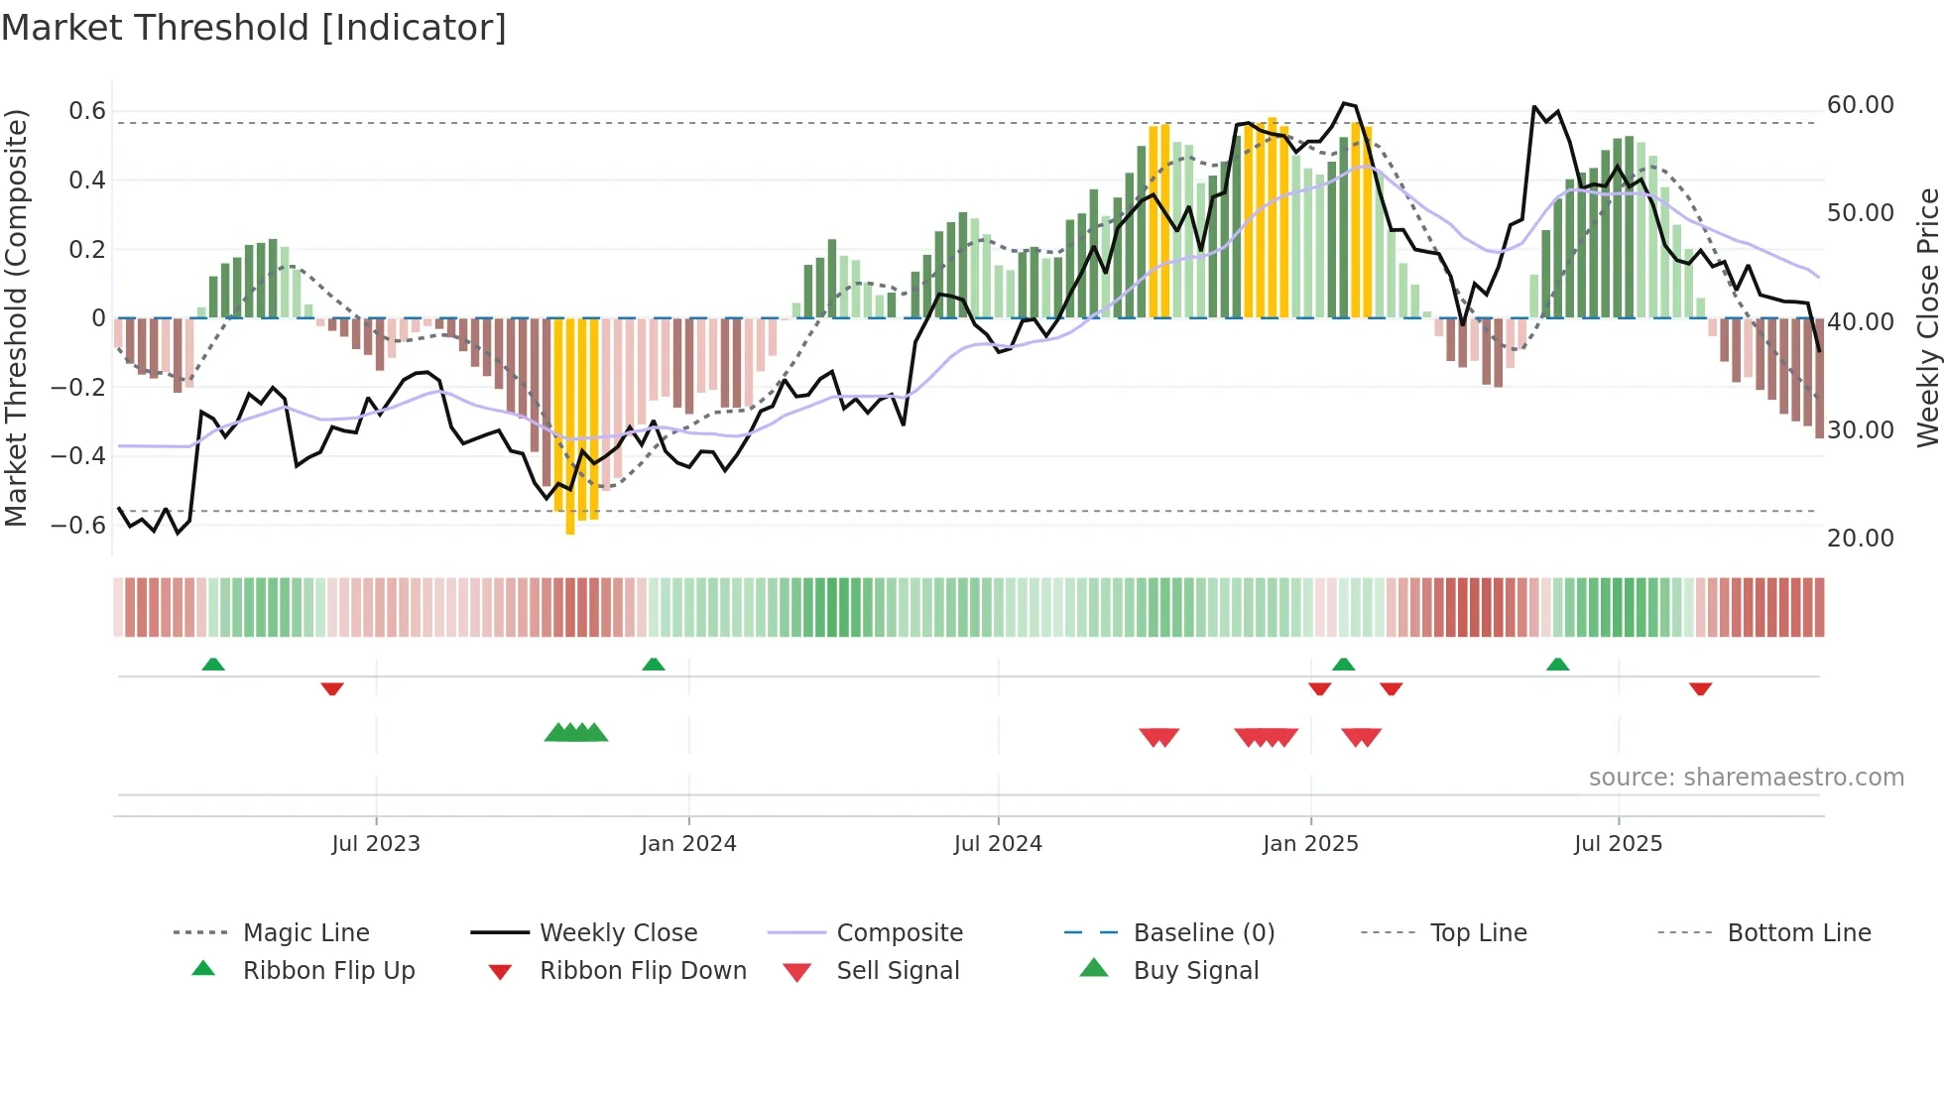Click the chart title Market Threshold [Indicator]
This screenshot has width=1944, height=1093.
(254, 28)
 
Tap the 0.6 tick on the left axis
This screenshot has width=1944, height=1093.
(86, 111)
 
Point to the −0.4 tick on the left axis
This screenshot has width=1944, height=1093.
(78, 456)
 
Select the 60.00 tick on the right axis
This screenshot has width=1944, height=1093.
(1860, 105)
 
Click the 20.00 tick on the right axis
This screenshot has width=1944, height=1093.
(1860, 539)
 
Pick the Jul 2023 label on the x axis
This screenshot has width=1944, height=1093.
(376, 844)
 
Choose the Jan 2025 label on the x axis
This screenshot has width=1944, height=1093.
(1310, 844)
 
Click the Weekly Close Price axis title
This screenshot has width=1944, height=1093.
(1927, 317)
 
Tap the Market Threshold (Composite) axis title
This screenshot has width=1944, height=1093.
(16, 317)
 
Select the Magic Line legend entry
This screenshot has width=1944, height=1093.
(305, 933)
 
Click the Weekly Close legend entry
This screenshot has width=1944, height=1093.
(618, 933)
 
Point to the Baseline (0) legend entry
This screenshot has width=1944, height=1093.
(1203, 933)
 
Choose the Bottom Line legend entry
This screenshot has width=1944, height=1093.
(1798, 933)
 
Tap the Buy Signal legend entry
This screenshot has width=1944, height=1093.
(1195, 971)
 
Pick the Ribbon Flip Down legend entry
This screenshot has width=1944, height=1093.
(642, 971)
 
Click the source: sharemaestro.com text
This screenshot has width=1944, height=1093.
(1746, 778)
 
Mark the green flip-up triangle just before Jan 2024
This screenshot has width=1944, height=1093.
(654, 665)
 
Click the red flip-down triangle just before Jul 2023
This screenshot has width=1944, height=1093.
(332, 688)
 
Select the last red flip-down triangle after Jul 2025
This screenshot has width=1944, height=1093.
(1701, 688)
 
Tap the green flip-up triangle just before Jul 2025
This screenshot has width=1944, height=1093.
(1557, 665)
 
